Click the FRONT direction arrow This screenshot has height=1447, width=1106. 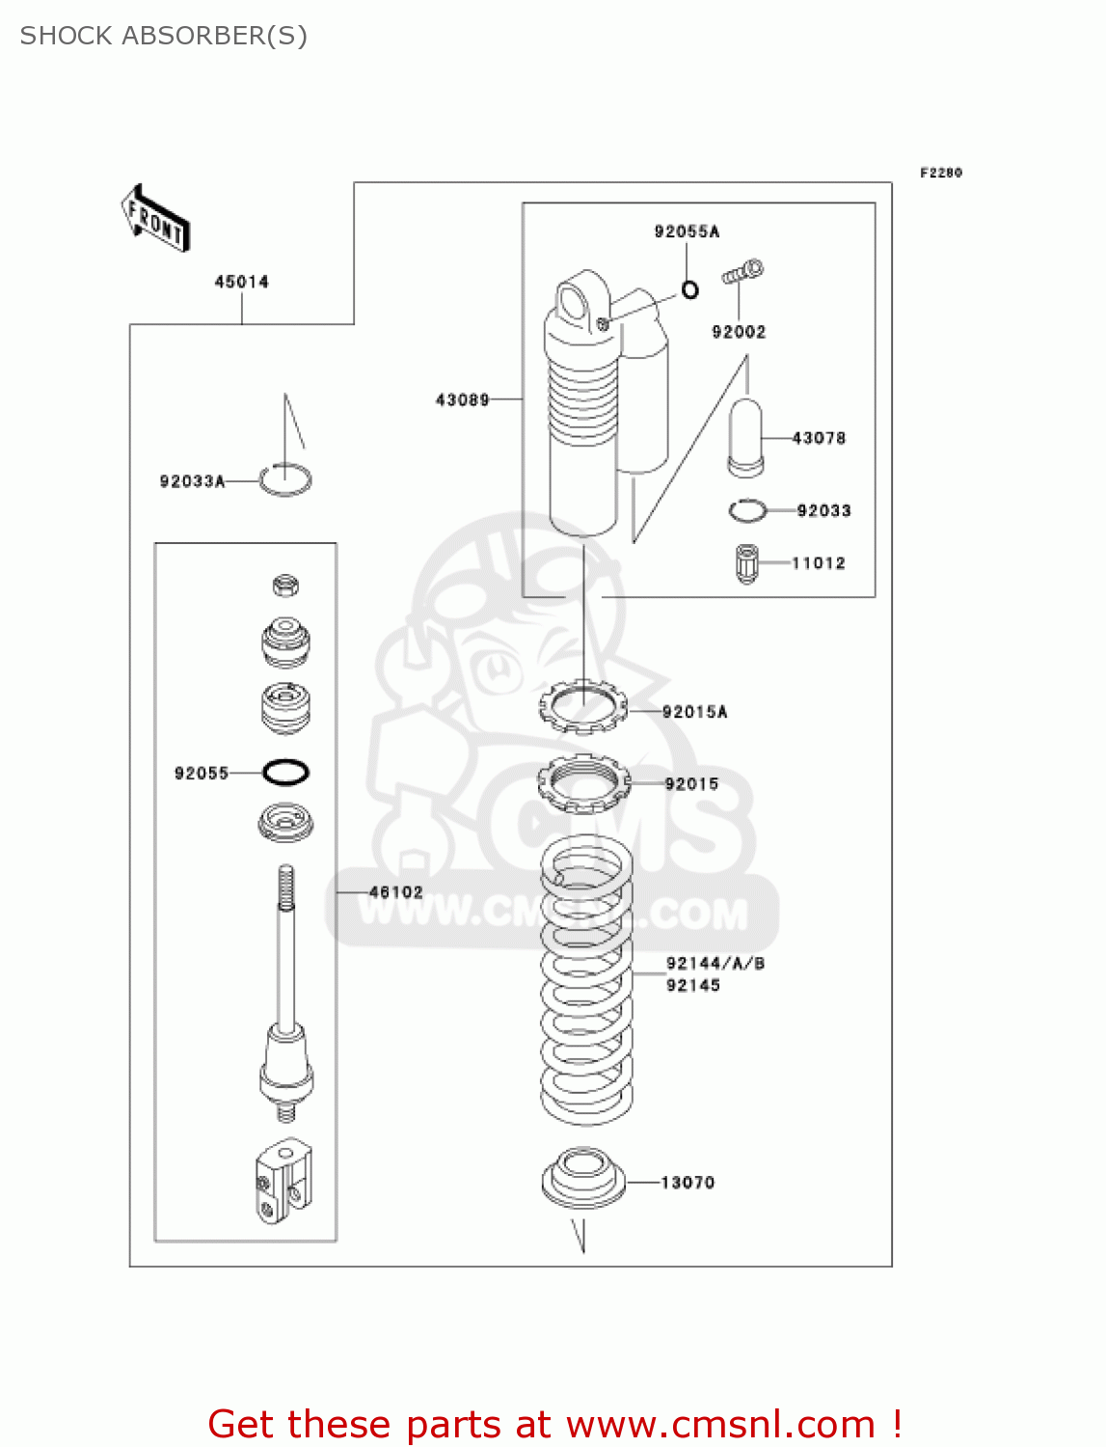pos(155,219)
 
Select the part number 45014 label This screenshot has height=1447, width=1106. pos(241,282)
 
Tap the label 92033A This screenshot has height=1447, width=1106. pos(192,481)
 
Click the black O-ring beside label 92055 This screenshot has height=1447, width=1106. pos(285,772)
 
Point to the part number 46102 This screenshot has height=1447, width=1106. pos(395,892)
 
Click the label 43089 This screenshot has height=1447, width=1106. pos(462,399)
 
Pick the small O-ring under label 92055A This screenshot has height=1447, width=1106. pos(690,288)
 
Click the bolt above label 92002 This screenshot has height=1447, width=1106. pos(742,272)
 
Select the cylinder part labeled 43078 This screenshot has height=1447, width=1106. pos(744,438)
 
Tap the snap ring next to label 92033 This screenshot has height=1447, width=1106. pos(747,510)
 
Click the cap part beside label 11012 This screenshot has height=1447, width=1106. pos(746,563)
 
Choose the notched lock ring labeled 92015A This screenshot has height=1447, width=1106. pos(582,707)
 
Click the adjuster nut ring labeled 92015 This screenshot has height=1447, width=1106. pos(583,782)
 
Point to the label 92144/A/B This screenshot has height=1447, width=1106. pos(715,963)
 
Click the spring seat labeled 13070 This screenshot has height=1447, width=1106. pos(583,1178)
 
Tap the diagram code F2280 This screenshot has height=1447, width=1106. pos(940,173)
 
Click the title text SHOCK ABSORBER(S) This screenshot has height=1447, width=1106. pos(164,36)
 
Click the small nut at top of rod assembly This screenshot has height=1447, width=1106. pos(285,585)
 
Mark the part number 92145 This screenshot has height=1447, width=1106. pos(693,985)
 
